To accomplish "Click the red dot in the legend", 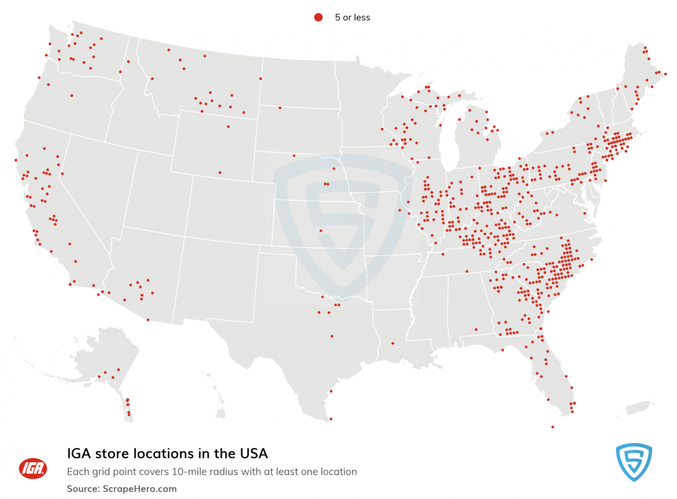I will [318, 17].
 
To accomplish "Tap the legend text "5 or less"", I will [353, 17].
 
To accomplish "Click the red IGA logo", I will [33, 468].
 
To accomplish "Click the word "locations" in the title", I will [164, 453].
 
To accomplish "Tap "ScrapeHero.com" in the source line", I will [140, 489].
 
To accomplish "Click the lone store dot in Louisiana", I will [393, 343].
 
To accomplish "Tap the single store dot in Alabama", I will [476, 329].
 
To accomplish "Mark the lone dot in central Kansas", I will [320, 230].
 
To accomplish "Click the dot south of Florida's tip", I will [552, 427].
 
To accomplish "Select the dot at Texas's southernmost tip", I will [331, 418].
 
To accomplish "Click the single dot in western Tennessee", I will [467, 271].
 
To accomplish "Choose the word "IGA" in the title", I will [79, 453].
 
